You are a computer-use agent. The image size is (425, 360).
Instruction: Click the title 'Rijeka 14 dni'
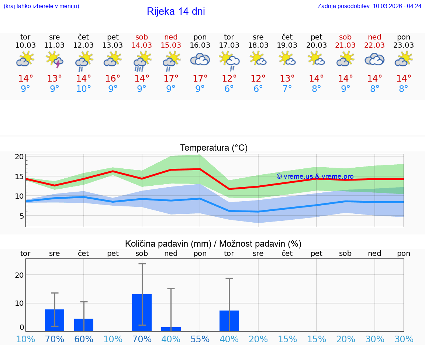click(176, 11)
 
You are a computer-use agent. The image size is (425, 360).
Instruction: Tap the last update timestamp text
click(369, 6)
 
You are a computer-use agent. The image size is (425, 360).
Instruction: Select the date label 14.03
click(142, 45)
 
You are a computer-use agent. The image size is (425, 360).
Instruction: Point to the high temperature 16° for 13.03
click(113, 79)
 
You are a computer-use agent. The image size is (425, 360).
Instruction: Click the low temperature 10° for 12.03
click(84, 89)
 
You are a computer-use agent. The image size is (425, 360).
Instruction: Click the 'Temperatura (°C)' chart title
click(214, 148)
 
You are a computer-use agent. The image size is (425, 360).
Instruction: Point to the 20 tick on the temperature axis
click(19, 157)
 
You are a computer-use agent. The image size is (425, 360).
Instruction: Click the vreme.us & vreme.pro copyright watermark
click(315, 176)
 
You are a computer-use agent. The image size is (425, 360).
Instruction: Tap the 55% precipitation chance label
click(200, 339)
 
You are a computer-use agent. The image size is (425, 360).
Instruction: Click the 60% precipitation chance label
click(84, 339)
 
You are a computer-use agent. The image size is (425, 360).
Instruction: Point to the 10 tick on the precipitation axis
click(19, 303)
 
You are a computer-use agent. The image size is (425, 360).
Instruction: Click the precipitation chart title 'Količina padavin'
click(213, 244)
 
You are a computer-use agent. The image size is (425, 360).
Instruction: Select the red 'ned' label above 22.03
click(374, 37)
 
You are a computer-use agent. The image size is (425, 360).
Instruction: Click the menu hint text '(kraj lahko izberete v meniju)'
click(41, 6)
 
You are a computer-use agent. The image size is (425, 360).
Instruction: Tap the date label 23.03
click(404, 45)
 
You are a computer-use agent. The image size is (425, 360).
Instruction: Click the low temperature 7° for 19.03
click(287, 89)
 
